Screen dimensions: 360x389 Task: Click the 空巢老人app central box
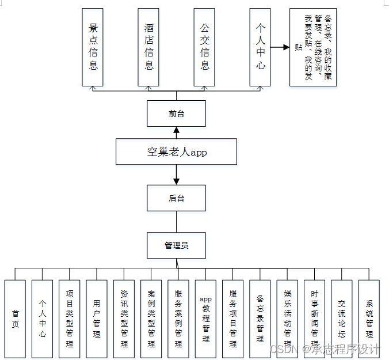[x=176, y=152]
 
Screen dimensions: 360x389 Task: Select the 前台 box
[x=176, y=113]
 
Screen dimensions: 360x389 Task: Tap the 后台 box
[x=176, y=198]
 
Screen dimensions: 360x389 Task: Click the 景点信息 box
[x=93, y=47]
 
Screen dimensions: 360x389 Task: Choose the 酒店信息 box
[x=149, y=47]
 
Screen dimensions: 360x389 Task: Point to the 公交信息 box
[x=205, y=47]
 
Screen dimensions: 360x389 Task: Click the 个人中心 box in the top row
[x=261, y=47]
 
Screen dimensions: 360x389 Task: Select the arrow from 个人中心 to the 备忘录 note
[x=280, y=47]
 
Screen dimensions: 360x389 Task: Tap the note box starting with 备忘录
[x=312, y=47]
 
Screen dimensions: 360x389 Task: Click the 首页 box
[x=16, y=319]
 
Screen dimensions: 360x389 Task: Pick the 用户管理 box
[x=97, y=319]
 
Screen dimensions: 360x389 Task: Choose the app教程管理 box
[x=205, y=319]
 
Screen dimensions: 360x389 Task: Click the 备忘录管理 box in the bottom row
[x=260, y=319]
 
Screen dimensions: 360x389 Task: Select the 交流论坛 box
[x=342, y=319]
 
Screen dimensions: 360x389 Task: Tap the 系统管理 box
[x=369, y=319]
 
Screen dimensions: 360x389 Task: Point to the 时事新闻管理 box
[x=315, y=319]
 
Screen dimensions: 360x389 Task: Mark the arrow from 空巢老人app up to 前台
[x=176, y=132]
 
